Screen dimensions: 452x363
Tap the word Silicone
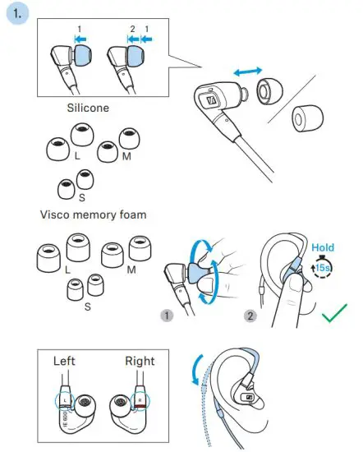click(x=90, y=108)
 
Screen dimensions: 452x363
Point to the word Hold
click(x=322, y=246)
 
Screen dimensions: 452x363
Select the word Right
click(x=140, y=360)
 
